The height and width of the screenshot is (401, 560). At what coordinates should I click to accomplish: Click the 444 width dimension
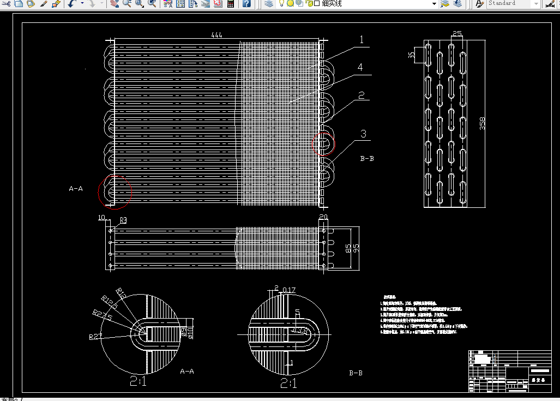(x=216, y=35)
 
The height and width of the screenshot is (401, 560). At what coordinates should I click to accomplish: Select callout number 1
(x=361, y=39)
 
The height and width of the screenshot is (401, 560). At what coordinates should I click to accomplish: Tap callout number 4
(x=360, y=67)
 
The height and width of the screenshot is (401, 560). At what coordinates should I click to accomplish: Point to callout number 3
(x=363, y=134)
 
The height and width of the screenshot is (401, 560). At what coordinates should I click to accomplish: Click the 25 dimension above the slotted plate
(x=457, y=34)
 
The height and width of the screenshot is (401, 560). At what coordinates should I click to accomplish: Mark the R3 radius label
(x=123, y=220)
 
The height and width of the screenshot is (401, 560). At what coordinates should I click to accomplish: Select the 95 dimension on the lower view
(x=357, y=248)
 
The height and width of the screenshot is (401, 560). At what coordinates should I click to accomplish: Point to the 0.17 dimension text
(x=289, y=290)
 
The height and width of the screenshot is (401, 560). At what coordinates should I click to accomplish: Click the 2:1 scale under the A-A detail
(x=138, y=381)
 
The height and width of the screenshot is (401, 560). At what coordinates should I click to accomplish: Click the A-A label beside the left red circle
(x=76, y=189)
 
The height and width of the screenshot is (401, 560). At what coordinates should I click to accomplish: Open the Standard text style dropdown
(x=513, y=4)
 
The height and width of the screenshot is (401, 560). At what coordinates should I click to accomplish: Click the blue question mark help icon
(x=246, y=4)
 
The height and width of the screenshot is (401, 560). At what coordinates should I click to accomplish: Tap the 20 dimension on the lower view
(x=323, y=218)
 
